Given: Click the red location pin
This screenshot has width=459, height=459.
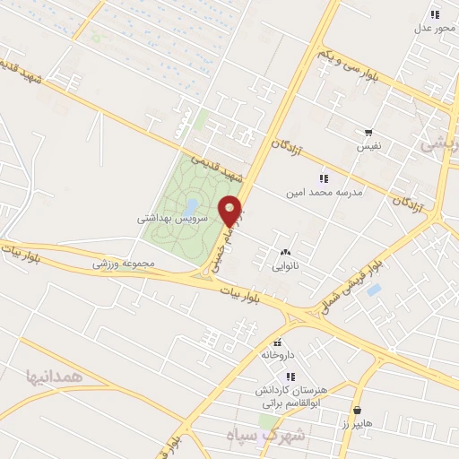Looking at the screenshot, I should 231,210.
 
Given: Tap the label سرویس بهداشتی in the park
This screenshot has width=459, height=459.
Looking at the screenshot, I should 173,218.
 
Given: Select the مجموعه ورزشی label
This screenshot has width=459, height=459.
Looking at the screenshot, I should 125,265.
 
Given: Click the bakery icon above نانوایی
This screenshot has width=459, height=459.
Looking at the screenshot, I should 286,253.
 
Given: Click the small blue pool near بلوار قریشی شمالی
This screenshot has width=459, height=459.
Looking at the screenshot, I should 374,290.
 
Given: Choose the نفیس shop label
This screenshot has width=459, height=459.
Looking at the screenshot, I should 368,145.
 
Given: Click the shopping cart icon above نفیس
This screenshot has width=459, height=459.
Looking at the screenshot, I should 368,133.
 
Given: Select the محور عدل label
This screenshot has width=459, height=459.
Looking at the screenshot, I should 435,27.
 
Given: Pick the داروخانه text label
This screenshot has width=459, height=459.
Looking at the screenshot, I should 278,355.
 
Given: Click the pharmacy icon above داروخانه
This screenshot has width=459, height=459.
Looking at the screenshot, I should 278,342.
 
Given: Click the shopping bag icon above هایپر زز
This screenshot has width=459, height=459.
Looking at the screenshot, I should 359,409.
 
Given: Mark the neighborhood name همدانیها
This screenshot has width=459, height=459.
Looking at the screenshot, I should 54,377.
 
